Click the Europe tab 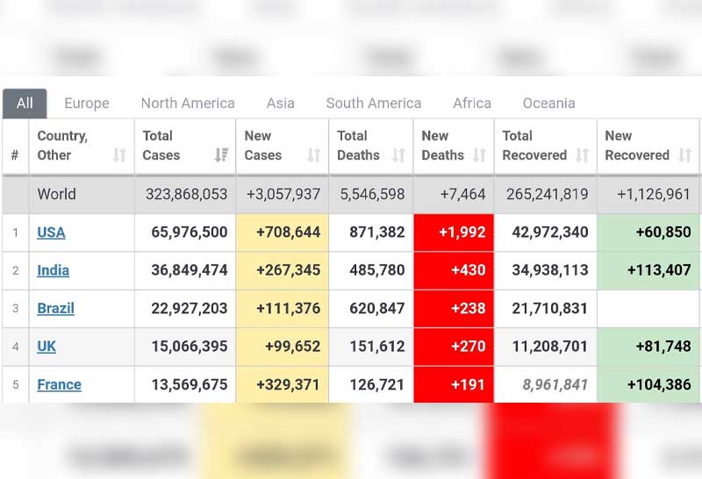tap(87, 104)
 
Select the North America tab tap(188, 104)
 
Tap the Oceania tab tap(548, 104)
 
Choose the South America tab tap(374, 104)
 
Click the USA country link tap(51, 232)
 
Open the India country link tap(53, 270)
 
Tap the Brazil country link tap(55, 309)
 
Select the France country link tap(59, 384)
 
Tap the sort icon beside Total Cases tap(221, 155)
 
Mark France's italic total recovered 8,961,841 tap(555, 384)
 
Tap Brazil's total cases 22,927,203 tap(189, 309)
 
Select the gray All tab tap(25, 104)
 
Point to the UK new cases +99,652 tap(292, 347)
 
